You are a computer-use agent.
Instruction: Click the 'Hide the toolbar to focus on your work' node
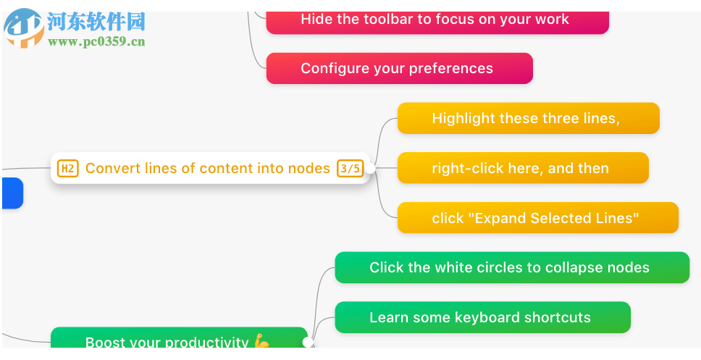pos(437,20)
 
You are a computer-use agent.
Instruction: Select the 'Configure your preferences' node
pos(399,68)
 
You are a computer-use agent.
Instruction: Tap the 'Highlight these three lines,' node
pos(528,118)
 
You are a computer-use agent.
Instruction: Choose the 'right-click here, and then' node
pos(522,168)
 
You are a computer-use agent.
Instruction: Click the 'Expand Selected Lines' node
pos(537,217)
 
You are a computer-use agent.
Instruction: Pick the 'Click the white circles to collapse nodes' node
pos(511,267)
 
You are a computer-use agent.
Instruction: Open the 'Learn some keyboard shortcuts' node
pos(482,317)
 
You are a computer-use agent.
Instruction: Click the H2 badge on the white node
pos(67,169)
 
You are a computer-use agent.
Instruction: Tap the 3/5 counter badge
pos(350,169)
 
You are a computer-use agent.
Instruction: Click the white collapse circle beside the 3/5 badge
pos(370,169)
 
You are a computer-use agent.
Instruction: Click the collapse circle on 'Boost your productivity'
pos(308,341)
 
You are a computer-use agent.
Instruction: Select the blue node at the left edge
pos(12,193)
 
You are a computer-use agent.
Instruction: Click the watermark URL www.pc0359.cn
pos(96,41)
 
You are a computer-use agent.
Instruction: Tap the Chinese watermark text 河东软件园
pos(96,22)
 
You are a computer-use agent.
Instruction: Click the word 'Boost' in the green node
pos(104,342)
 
